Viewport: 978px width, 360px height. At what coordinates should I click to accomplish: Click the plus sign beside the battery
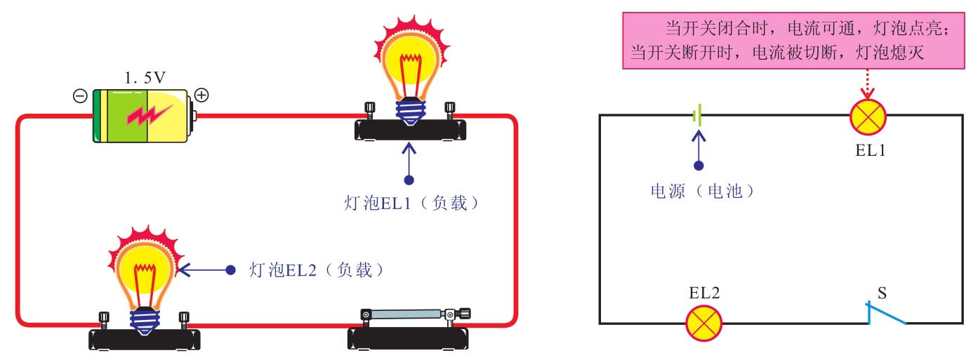[x=201, y=95]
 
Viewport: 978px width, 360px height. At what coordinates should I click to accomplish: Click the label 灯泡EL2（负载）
[x=319, y=269]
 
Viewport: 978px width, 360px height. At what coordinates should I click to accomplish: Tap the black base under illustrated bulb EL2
[x=145, y=340]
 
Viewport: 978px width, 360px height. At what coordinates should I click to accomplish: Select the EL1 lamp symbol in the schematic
[x=868, y=117]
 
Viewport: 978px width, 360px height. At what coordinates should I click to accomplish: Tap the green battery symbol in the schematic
[x=697, y=116]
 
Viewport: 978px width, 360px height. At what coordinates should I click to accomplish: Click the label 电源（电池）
[x=702, y=190]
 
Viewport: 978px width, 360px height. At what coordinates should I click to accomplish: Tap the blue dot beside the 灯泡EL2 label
[x=230, y=269]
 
